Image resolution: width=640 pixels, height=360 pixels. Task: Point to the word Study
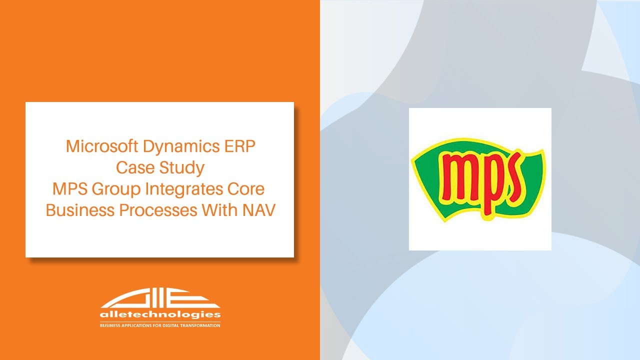182,168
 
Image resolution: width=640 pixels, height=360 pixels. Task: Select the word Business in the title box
80,210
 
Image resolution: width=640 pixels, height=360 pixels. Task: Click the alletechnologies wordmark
160,315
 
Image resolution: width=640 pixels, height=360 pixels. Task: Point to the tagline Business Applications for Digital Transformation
160,325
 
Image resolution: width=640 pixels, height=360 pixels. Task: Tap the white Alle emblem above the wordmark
160,299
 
